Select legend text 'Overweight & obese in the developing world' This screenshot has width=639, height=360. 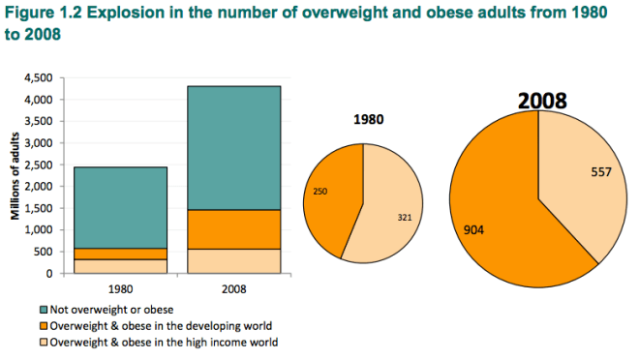[x=160, y=325]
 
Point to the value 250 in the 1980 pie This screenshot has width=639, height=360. [x=321, y=192]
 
